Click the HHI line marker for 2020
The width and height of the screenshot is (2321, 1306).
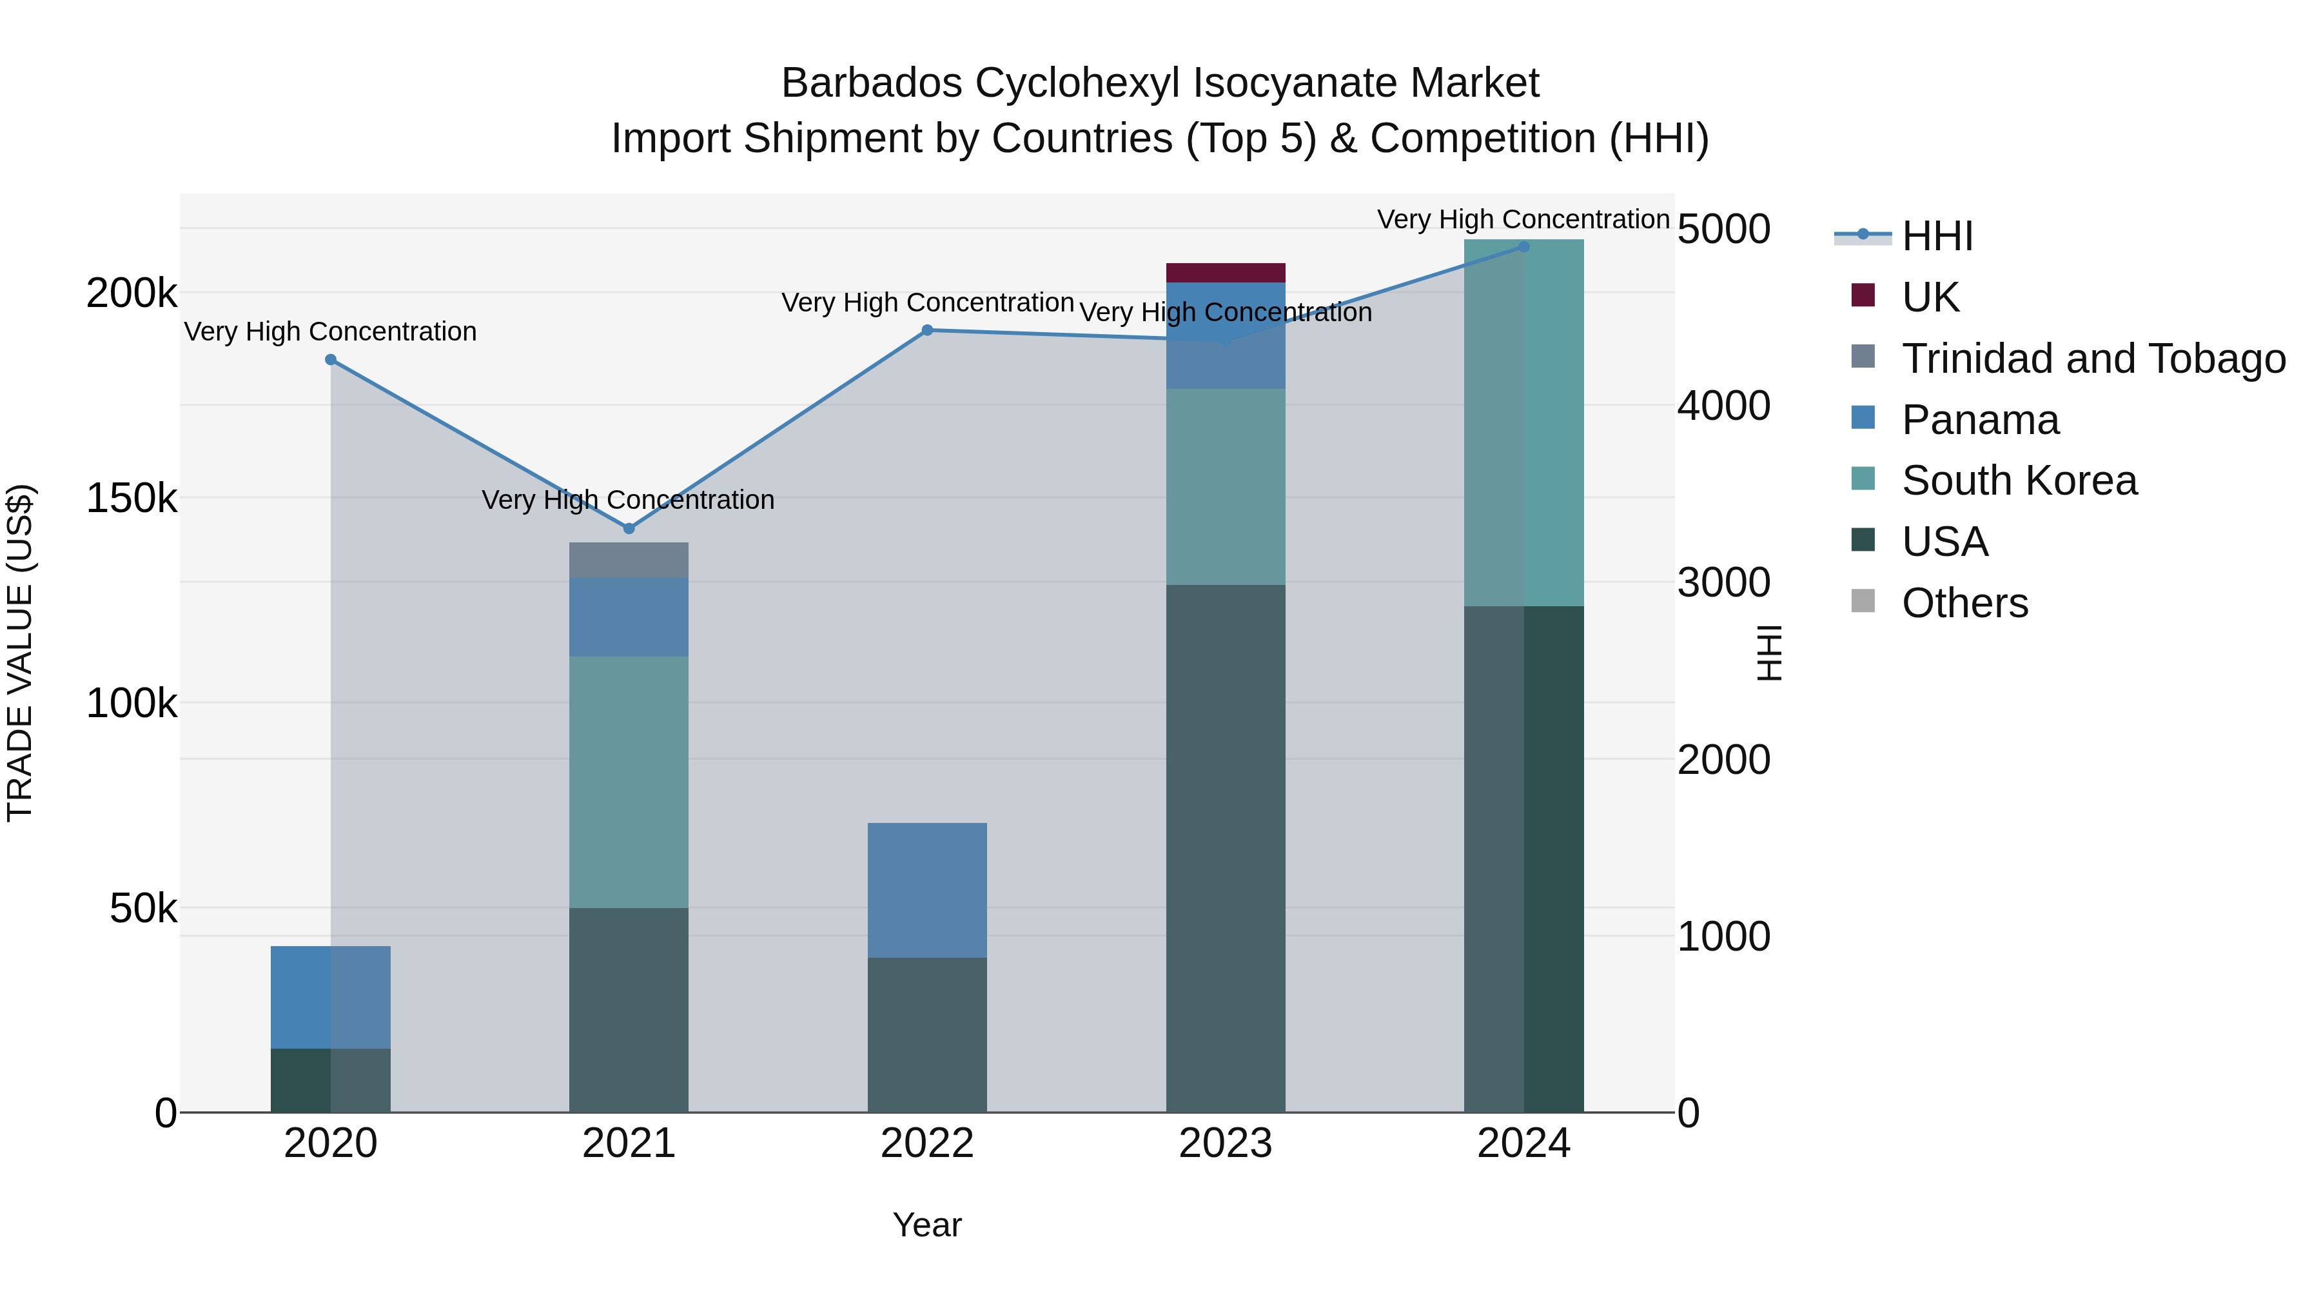coord(331,360)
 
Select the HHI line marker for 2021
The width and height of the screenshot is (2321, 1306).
coord(629,528)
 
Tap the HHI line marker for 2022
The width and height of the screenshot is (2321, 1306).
coord(927,330)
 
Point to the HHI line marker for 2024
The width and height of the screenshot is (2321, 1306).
coord(1523,246)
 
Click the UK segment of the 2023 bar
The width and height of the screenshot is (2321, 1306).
coord(1226,272)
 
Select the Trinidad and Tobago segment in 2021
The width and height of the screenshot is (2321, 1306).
coord(629,560)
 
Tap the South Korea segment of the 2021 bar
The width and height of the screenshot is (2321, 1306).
coord(629,782)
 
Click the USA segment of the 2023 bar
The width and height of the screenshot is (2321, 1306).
coord(1226,847)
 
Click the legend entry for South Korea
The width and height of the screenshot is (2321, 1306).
coord(2018,480)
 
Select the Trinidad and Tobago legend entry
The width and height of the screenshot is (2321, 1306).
coord(2093,359)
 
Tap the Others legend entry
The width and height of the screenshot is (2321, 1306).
coord(1964,603)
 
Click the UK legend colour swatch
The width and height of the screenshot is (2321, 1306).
coord(1863,295)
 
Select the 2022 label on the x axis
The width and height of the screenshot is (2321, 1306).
coord(927,1143)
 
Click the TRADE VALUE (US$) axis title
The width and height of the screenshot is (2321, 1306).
coord(20,653)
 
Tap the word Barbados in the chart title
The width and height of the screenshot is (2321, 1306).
coord(871,83)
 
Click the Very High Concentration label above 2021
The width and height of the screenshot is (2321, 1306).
coord(628,499)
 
